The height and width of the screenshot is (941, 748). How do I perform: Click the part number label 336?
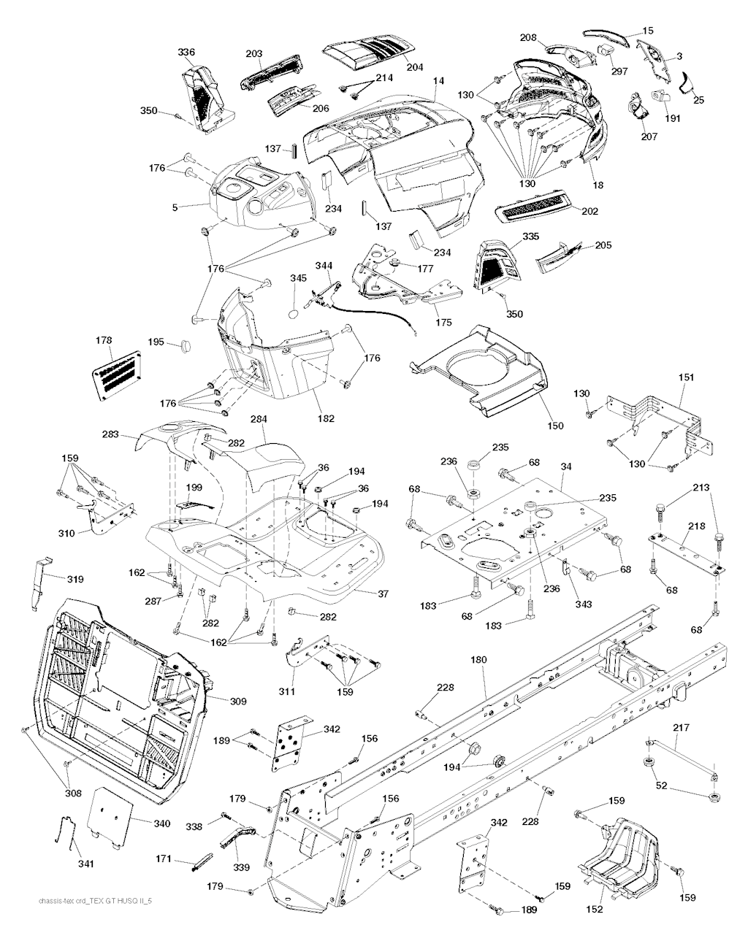coord(186,52)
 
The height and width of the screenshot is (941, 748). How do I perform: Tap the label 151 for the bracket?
coord(687,378)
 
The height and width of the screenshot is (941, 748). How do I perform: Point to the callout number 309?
coord(238,702)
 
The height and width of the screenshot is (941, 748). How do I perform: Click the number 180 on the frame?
coord(478,660)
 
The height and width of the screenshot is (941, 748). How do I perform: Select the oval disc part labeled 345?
coord(292,312)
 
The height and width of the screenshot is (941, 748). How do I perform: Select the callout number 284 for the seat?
coord(259,420)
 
